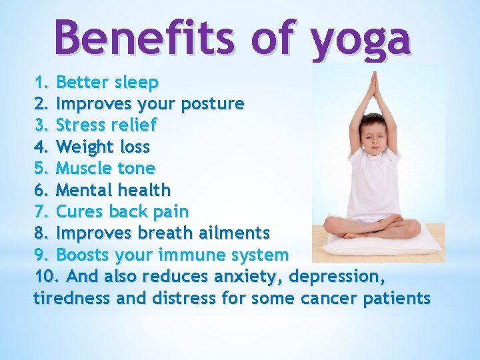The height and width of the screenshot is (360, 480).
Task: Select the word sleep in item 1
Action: point(135,83)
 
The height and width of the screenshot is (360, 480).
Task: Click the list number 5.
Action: point(41,168)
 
